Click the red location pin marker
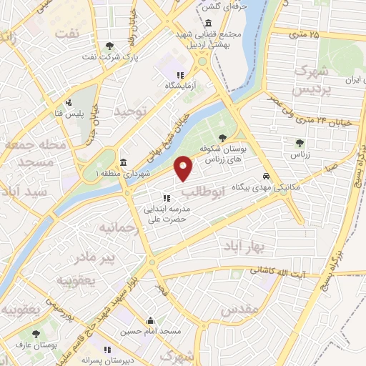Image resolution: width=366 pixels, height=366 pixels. tap(184, 168)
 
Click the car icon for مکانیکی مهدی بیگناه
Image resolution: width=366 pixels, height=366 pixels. tap(266, 176)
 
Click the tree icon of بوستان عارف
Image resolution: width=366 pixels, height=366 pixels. tap(36, 333)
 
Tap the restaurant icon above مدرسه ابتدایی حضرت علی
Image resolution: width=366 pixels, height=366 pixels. tap(166, 198)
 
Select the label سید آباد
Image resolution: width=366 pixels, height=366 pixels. tap(23, 192)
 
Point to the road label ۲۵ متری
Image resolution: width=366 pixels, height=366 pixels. tap(305, 33)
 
